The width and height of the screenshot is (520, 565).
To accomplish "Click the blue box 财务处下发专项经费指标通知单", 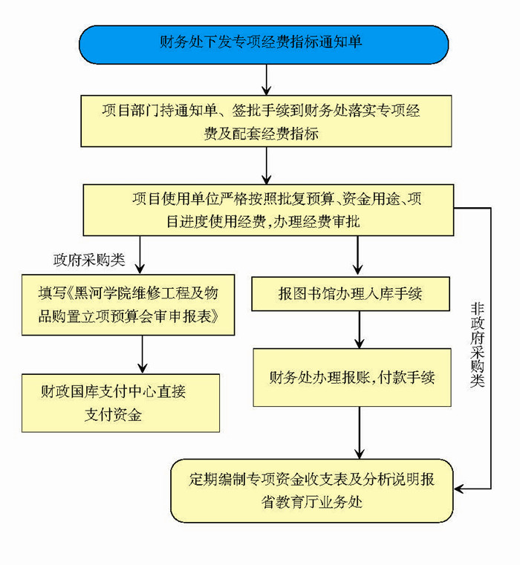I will [264, 44].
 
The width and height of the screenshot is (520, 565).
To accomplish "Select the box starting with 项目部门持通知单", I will [264, 122].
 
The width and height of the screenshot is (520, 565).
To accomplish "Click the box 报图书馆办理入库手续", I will [350, 293].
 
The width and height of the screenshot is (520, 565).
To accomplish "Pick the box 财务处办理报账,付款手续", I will [352, 377].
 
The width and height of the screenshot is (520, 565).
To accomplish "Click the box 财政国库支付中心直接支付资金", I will [119, 402].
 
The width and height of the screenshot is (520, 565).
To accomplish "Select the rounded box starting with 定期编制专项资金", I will [311, 490].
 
